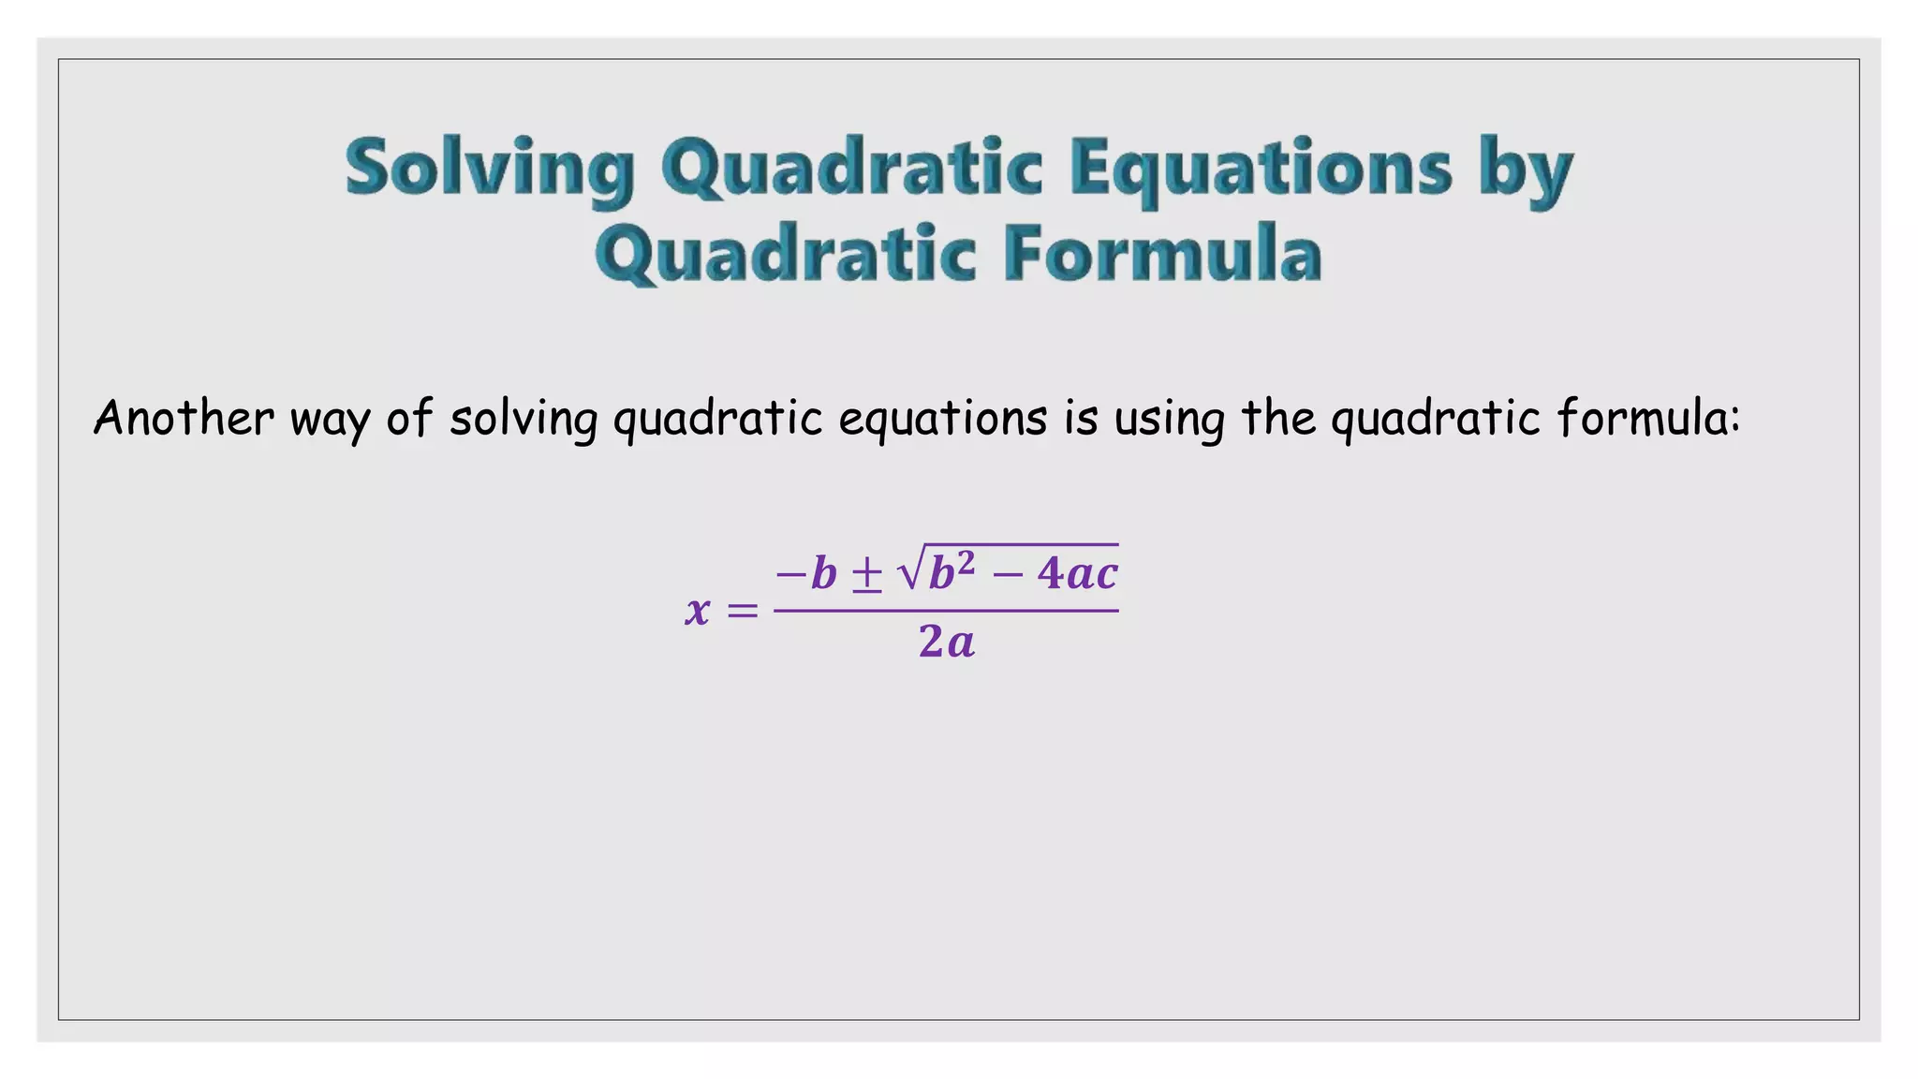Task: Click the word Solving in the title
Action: point(490,169)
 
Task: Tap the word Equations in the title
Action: point(1261,169)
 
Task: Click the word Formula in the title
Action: point(1162,254)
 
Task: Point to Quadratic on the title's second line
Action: point(786,254)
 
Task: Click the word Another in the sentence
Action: point(184,418)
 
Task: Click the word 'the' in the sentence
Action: point(1279,418)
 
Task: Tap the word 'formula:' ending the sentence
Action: point(1648,418)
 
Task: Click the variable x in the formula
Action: point(698,611)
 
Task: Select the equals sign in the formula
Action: point(742,612)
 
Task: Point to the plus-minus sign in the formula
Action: point(866,574)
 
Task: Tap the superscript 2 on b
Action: point(966,563)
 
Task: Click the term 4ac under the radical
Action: point(1078,573)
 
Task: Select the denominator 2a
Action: point(947,643)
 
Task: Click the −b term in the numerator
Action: point(806,573)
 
